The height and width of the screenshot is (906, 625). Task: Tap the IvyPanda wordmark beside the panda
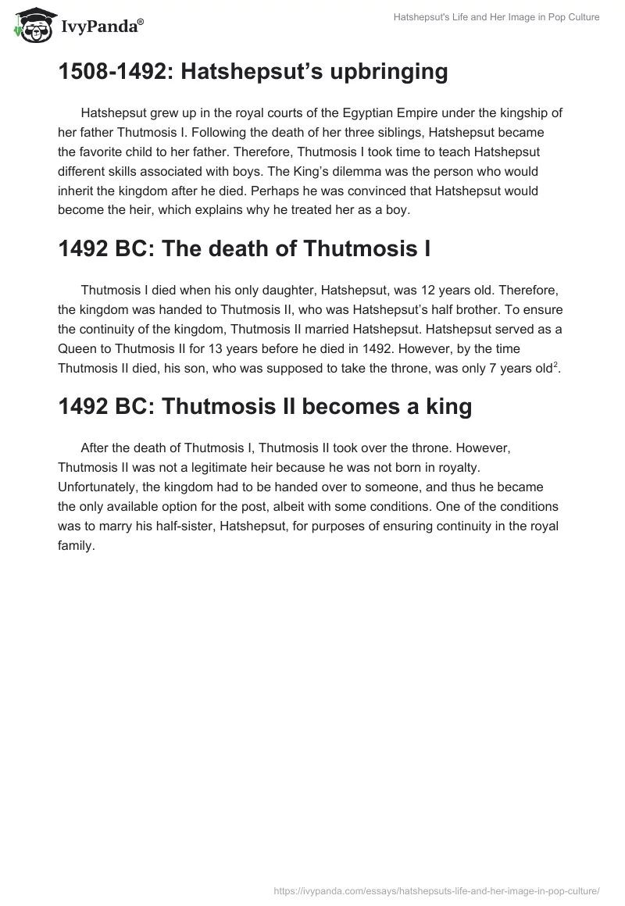pos(100,27)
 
